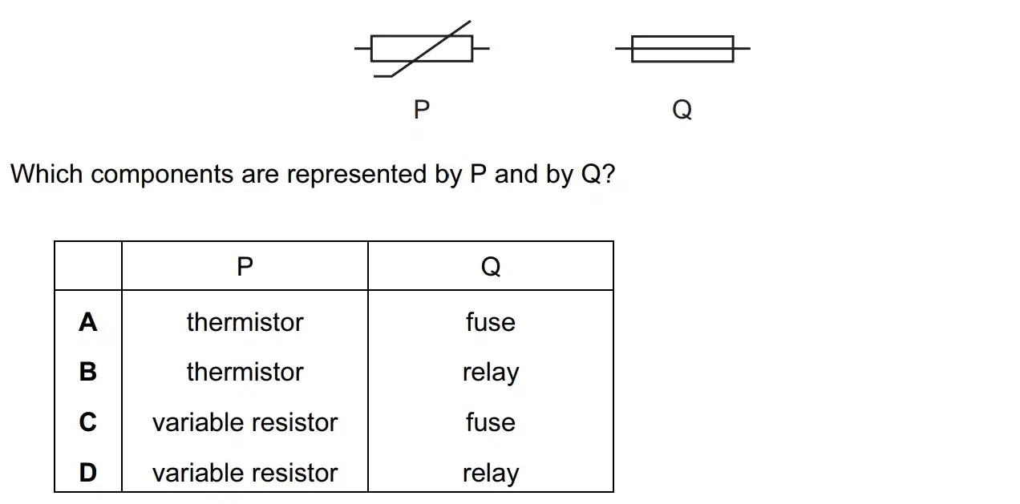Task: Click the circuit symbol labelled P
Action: click(x=422, y=48)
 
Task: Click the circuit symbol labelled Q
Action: click(x=682, y=48)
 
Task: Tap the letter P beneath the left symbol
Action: click(x=422, y=110)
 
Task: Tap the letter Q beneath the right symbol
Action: click(x=682, y=110)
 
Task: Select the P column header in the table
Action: click(x=245, y=266)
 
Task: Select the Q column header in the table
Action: click(x=491, y=267)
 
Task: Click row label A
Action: click(x=88, y=322)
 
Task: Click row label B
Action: click(x=88, y=372)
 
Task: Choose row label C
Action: click(x=88, y=422)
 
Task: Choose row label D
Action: click(x=88, y=472)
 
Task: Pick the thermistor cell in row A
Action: click(x=245, y=322)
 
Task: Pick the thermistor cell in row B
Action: click(x=245, y=372)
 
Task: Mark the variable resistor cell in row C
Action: click(x=245, y=422)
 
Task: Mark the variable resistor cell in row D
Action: click(x=245, y=473)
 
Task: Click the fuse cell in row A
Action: click(x=491, y=322)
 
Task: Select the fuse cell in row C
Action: click(x=491, y=422)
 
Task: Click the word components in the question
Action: click(x=162, y=175)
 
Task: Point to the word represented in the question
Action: click(x=357, y=175)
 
